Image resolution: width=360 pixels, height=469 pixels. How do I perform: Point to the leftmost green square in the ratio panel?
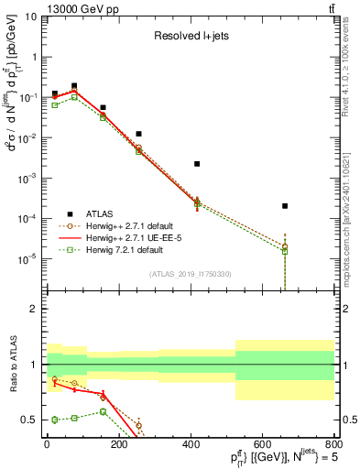point(55,420)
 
